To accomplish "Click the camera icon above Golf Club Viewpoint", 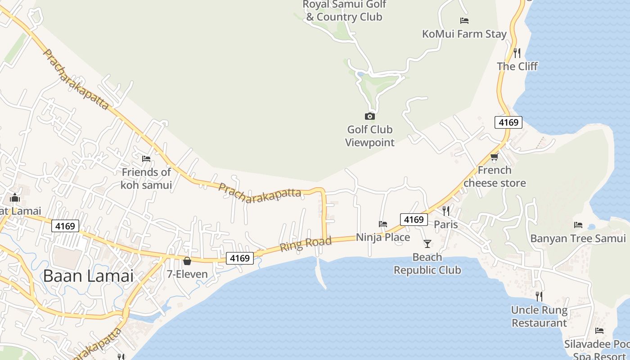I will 370,117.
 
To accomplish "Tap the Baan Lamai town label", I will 88,275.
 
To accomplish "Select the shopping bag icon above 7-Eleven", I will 187,261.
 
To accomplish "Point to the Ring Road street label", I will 306,244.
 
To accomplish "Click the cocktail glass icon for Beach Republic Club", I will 427,244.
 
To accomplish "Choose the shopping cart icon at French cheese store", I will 495,157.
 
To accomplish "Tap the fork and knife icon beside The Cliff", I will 517,53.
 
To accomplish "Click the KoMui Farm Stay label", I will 464,34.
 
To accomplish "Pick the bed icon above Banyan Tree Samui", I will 578,225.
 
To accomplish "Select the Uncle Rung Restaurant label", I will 539,316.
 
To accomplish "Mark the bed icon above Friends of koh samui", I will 146,159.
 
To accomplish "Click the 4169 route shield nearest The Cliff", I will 508,122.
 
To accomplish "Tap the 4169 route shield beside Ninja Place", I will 414,219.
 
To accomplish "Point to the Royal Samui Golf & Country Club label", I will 344,11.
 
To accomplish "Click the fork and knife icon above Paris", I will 446,211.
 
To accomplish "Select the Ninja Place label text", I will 383,237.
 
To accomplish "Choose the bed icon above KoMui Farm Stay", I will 464,21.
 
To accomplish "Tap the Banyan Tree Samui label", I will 578,238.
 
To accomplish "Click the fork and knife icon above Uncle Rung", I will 539,297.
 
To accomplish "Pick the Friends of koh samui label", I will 146,178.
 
